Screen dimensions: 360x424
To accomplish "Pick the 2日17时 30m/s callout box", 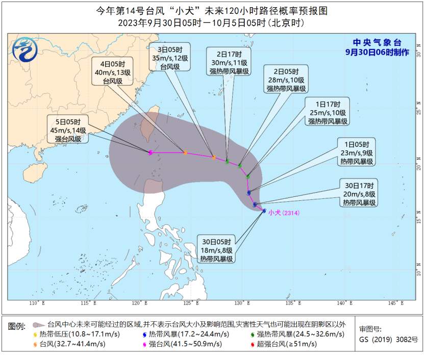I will pos(229,63).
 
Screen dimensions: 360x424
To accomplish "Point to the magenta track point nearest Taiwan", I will pos(151,152).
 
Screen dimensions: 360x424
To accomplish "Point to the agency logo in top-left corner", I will pos(25,50).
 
